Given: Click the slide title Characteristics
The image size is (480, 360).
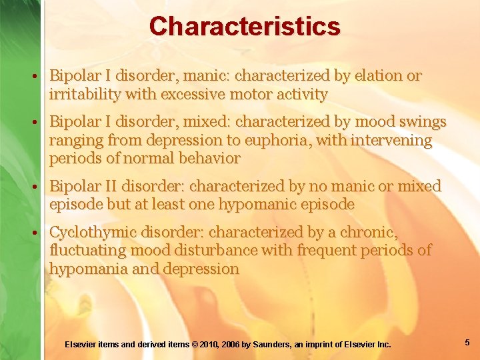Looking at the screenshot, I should (x=245, y=27).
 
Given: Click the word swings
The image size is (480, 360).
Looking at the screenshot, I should (x=421, y=122).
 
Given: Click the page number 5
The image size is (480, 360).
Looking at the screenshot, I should (x=467, y=343).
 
